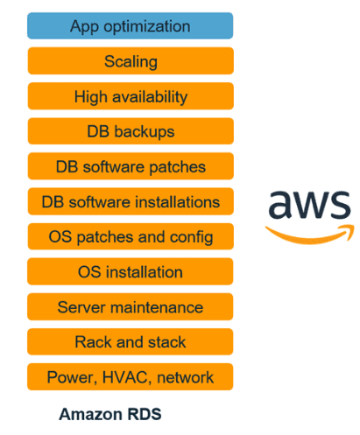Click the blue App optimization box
[x=131, y=26]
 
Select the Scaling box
[x=131, y=61]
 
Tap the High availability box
[x=131, y=96]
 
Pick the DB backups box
[x=131, y=131]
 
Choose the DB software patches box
[x=131, y=166]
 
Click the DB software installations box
[x=131, y=201]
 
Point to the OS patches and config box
[x=131, y=236]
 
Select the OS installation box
[x=131, y=272]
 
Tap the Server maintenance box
[x=131, y=307]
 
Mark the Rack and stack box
[x=131, y=342]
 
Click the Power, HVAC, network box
[x=131, y=377]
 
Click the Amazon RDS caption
[x=110, y=414]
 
